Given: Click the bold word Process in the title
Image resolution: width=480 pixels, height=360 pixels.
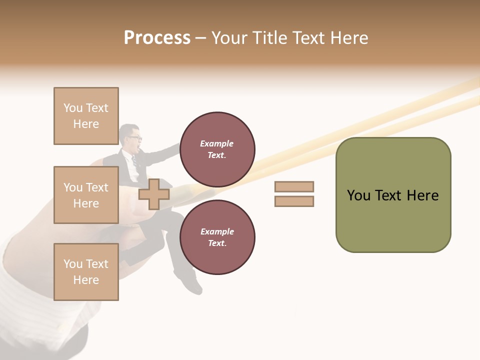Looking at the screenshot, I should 157,38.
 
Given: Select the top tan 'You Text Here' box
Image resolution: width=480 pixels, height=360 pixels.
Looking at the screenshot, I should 86,116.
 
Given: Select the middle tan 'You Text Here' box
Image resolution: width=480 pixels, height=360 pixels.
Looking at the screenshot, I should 86,195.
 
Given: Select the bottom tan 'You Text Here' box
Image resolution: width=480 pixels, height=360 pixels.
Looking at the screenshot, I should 86,272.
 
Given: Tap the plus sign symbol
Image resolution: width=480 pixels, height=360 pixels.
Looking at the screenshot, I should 154,194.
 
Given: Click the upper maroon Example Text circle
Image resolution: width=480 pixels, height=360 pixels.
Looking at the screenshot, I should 217,149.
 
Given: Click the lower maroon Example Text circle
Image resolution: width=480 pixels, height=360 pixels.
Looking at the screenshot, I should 217,237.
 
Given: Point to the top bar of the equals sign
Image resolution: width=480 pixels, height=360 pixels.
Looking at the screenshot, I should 294,187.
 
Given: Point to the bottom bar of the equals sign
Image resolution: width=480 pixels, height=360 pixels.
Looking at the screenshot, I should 294,201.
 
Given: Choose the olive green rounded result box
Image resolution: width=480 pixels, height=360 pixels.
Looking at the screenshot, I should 393,195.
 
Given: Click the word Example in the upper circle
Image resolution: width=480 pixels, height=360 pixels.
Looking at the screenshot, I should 217,143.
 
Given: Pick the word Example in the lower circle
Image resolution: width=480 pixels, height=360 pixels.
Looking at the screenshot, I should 217,231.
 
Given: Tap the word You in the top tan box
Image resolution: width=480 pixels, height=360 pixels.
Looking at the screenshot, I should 72,108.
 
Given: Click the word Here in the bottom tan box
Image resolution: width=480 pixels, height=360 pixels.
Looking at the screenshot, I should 86,280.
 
